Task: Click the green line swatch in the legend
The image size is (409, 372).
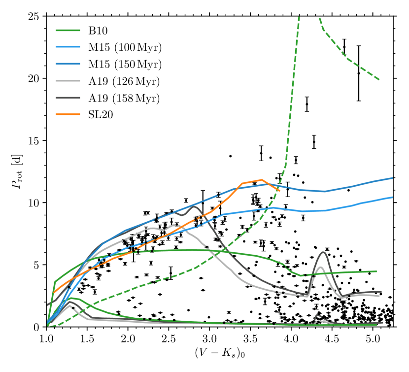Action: [x=68, y=30]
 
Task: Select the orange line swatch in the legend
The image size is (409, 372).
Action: [x=68, y=114]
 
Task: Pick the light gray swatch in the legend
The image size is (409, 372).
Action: [x=68, y=81]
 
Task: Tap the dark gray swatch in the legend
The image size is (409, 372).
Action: [x=68, y=98]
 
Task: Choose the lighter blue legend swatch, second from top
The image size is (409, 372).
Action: [x=68, y=47]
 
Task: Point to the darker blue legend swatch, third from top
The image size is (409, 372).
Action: [x=68, y=64]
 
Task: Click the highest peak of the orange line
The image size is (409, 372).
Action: [x=261, y=180]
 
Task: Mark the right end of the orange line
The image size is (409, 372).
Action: [x=279, y=190]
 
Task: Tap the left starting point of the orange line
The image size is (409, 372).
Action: [x=54, y=292]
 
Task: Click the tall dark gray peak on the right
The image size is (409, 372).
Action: [x=323, y=252]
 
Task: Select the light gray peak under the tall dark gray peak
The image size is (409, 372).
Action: [x=321, y=267]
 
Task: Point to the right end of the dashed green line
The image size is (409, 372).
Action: [x=379, y=79]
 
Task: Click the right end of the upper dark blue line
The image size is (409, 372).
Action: [x=392, y=178]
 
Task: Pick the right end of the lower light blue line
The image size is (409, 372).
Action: [x=392, y=197]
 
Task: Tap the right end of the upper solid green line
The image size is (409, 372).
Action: [x=377, y=271]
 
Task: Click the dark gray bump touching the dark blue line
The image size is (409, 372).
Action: [x=194, y=206]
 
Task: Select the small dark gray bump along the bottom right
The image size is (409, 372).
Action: [x=318, y=316]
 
